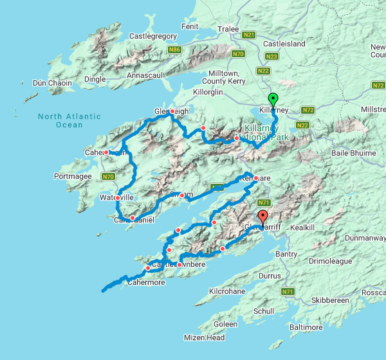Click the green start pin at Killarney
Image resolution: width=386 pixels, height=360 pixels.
[x=273, y=100]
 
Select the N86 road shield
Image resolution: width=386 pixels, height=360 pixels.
[x=175, y=49]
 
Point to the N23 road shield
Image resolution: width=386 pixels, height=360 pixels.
[x=272, y=57]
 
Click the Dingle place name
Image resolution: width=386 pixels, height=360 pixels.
[x=95, y=79]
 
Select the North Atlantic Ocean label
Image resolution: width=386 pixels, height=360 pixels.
[x=69, y=120]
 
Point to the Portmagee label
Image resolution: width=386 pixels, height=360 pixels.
[x=75, y=176]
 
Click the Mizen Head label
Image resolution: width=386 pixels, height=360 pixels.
[x=207, y=338]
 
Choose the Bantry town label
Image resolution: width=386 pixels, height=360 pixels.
[x=286, y=255]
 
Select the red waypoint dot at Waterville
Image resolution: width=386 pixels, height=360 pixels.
[x=118, y=197]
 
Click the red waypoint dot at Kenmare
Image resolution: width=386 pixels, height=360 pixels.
[x=255, y=178]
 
